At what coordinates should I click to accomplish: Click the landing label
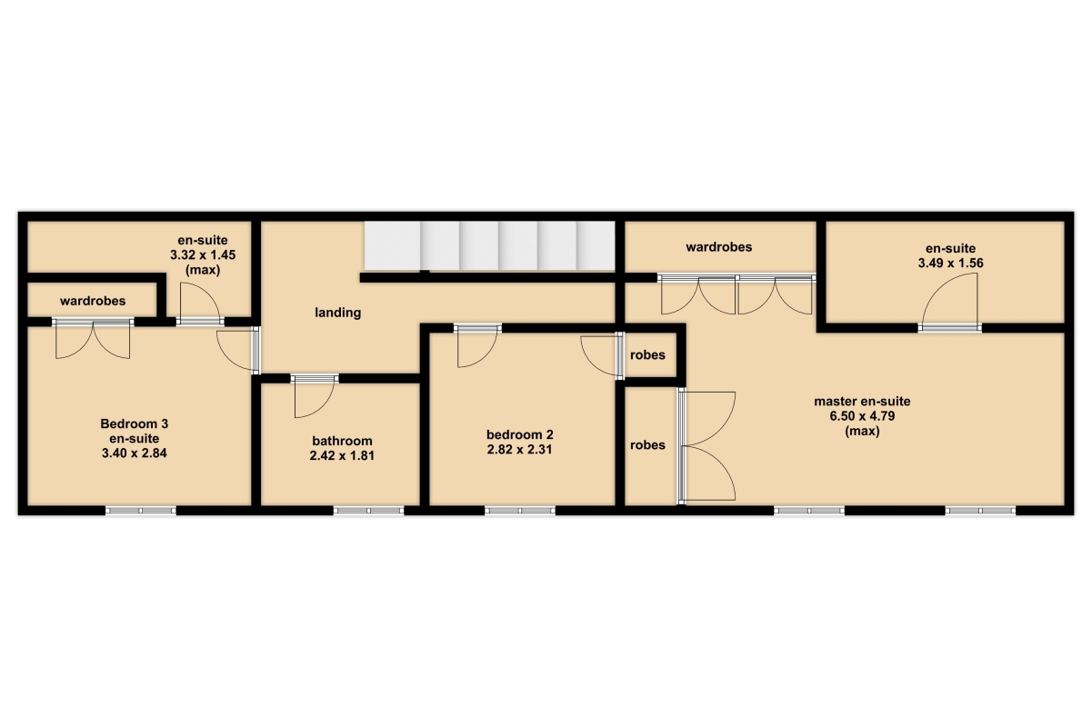click(x=337, y=313)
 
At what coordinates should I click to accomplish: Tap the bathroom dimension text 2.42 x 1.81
click(x=342, y=455)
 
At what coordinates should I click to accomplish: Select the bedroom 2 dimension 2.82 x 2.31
click(x=520, y=449)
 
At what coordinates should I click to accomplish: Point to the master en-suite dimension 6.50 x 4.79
click(x=862, y=416)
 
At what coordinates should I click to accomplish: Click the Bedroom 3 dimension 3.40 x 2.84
click(x=134, y=453)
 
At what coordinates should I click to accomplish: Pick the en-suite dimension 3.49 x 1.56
click(x=951, y=264)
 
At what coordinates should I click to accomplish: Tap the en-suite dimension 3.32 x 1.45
click(x=203, y=254)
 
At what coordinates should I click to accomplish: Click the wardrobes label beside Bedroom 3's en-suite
click(x=93, y=301)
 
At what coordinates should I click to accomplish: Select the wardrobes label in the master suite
click(x=718, y=247)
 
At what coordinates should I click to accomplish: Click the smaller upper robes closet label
click(x=647, y=355)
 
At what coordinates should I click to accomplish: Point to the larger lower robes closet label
click(x=647, y=445)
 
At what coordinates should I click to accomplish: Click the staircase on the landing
click(x=489, y=245)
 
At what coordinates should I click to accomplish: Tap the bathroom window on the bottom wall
click(x=368, y=511)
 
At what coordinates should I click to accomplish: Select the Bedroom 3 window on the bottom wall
click(x=141, y=511)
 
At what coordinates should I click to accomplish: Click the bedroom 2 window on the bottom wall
click(x=520, y=511)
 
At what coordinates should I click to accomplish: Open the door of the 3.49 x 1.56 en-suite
click(x=949, y=301)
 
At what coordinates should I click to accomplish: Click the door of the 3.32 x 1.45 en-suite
click(x=200, y=304)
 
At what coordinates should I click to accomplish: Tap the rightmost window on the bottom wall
click(x=980, y=511)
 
